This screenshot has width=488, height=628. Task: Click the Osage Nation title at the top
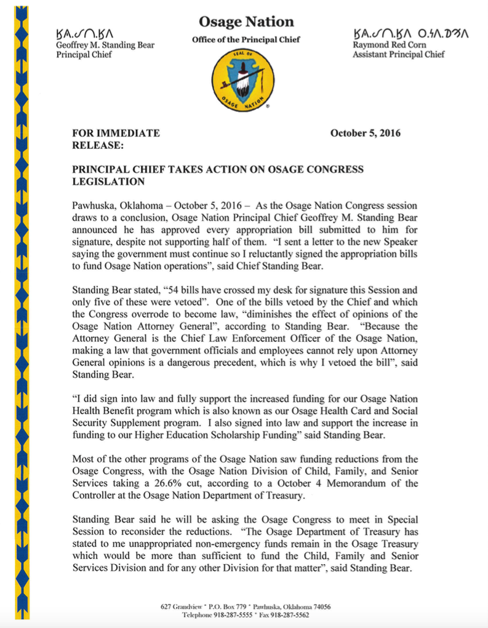(246, 22)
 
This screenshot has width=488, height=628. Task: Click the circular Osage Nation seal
(242, 82)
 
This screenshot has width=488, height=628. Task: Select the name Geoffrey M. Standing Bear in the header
(105, 45)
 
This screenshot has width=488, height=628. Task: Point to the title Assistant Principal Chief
(398, 55)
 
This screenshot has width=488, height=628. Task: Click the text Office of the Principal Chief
(246, 40)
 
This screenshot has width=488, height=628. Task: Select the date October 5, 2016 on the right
(365, 133)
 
